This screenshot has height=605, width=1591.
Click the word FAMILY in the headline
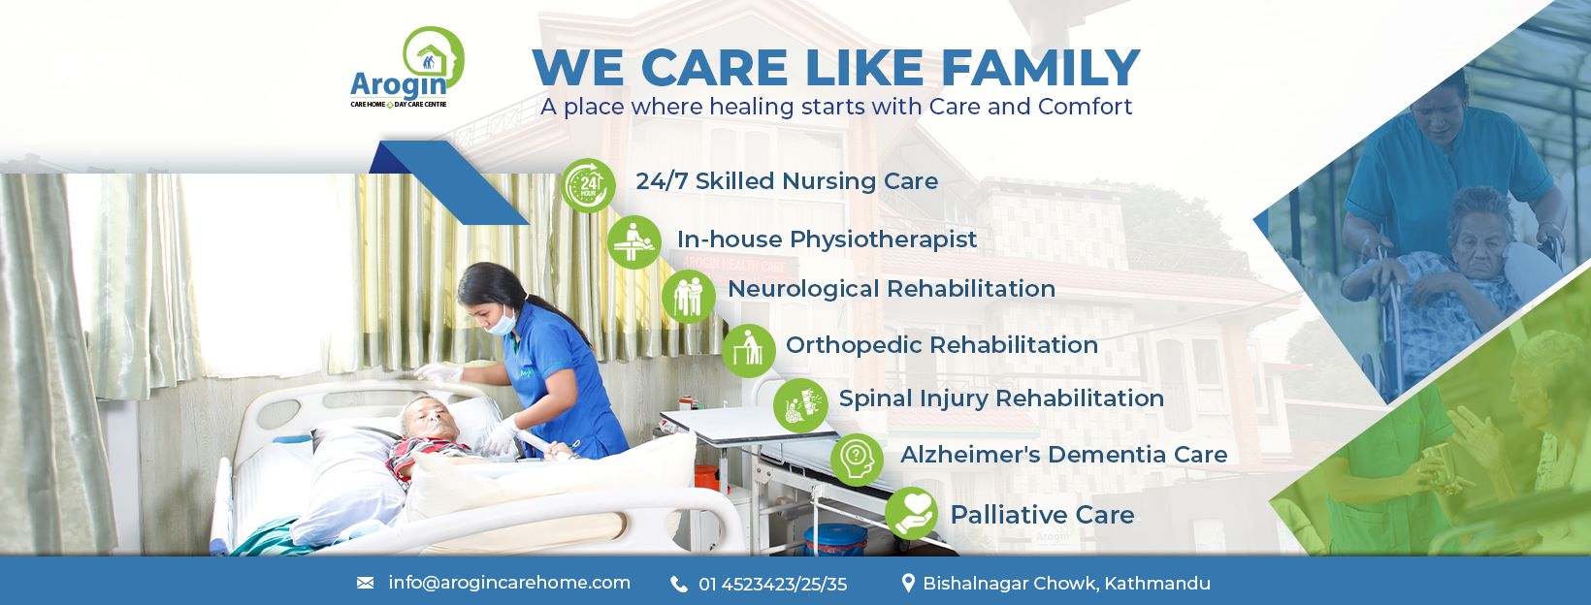[1041, 68]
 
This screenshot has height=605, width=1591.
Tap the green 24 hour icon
[588, 185]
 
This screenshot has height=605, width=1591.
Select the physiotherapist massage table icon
[634, 242]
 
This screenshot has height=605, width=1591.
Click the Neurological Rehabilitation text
[892, 289]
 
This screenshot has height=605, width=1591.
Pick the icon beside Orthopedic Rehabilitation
[749, 351]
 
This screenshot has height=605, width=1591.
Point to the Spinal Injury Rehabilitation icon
[800, 405]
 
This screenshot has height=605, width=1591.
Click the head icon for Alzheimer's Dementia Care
[858, 460]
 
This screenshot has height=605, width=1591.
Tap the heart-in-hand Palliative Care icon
[911, 514]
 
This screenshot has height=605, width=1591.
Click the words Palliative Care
[1042, 515]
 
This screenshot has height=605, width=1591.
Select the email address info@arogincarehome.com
[509, 583]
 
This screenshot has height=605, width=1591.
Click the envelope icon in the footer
[365, 583]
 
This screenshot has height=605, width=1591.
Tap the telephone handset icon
[679, 585]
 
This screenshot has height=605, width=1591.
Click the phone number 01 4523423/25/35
[773, 585]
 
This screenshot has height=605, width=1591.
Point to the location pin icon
[908, 583]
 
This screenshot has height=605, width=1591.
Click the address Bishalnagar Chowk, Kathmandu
[1067, 584]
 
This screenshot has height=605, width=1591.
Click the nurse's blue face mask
[502, 322]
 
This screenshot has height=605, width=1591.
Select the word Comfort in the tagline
[1085, 107]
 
